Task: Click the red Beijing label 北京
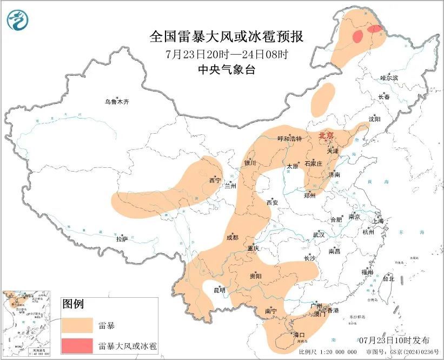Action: (x=326, y=135)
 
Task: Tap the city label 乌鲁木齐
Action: (x=117, y=102)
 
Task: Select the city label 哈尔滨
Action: (x=388, y=78)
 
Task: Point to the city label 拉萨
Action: (x=122, y=238)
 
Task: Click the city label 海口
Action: (x=299, y=335)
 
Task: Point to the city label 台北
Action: (x=388, y=279)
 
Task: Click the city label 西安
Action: (x=271, y=202)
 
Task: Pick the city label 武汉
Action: (x=319, y=235)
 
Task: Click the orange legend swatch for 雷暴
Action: (x=76, y=325)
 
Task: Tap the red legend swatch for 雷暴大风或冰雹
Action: (x=76, y=345)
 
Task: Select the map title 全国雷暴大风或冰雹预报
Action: (x=226, y=37)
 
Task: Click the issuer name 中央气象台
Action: (x=226, y=69)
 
